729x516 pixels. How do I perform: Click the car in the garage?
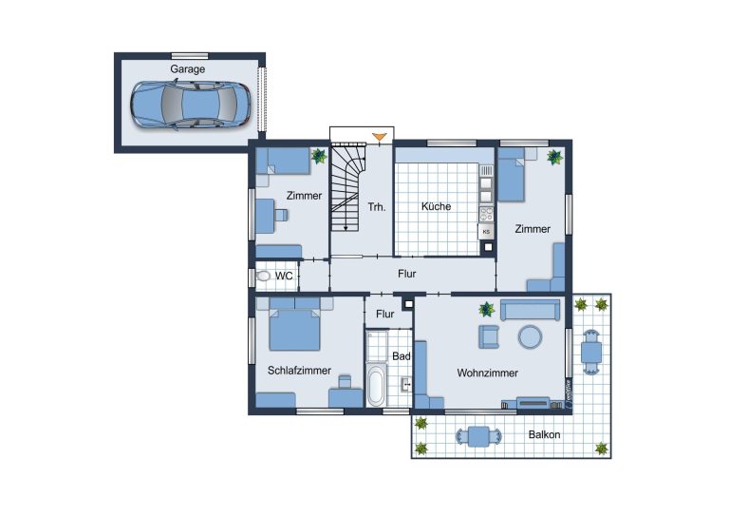coord(190,105)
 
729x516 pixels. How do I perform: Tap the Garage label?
coord(187,69)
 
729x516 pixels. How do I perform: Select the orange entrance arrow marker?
coord(380,137)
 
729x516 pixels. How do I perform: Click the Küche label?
coord(436,206)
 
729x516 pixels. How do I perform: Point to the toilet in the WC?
coord(264,277)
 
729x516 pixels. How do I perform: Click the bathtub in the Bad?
coord(376,386)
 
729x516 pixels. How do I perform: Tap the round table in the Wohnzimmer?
coord(530,336)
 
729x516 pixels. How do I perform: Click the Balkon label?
coord(545,434)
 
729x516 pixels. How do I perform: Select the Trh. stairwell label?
coord(377,207)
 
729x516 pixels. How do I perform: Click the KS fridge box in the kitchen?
coord(486,232)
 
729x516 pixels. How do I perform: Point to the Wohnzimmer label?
coord(487,373)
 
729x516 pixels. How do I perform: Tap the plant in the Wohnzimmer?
coord(487,309)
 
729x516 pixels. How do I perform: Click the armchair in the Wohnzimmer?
coord(489,336)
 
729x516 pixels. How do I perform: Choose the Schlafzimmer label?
coord(299,371)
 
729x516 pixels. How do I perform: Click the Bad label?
coord(402,356)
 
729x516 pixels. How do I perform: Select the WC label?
coord(284,276)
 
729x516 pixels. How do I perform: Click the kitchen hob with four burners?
coord(486,214)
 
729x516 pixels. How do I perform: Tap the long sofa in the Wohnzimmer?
coord(530,310)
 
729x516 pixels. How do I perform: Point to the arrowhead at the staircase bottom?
coord(346,228)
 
